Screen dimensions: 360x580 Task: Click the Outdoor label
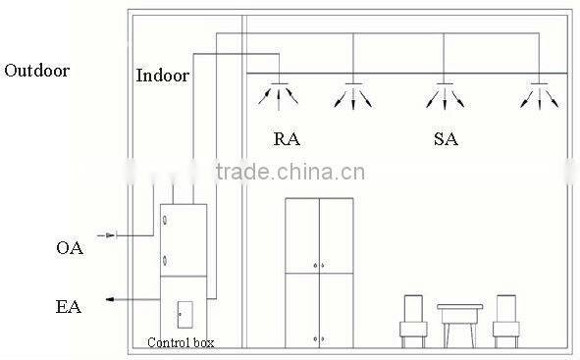click(37, 71)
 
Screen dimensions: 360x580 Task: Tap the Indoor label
click(162, 76)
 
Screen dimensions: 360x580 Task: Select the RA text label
click(287, 139)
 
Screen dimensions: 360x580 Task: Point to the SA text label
click(445, 139)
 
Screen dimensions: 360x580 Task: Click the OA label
click(69, 248)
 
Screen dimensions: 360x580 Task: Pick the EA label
click(68, 307)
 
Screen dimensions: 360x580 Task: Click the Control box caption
click(180, 342)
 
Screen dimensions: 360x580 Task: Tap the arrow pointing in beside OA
click(110, 235)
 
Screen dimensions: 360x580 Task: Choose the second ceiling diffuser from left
click(354, 91)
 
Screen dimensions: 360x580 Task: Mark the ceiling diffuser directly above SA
click(445, 91)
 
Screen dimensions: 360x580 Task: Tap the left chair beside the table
click(415, 321)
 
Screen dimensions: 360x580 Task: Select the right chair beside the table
click(505, 321)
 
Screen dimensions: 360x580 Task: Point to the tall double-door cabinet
click(319, 272)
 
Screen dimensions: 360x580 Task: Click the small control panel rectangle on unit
click(181, 314)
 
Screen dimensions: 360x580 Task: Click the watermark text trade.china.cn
click(291, 174)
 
